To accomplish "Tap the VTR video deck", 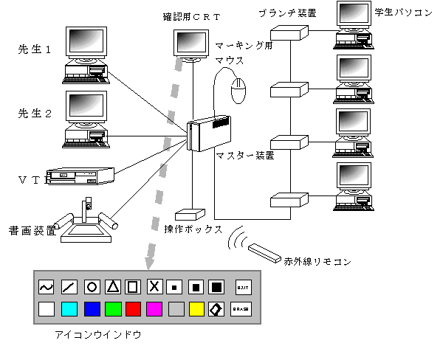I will (81, 176).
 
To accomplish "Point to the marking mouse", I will (238, 92).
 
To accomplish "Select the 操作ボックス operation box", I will (191, 214).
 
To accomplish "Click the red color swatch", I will (134, 309).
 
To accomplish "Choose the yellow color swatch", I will (196, 309).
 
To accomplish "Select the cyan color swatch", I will (69, 309).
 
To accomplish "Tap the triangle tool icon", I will (112, 285).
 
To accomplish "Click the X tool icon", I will (154, 285).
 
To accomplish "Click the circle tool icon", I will (91, 285).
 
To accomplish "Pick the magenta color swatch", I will (154, 309).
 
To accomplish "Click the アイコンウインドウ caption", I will (99, 335).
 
